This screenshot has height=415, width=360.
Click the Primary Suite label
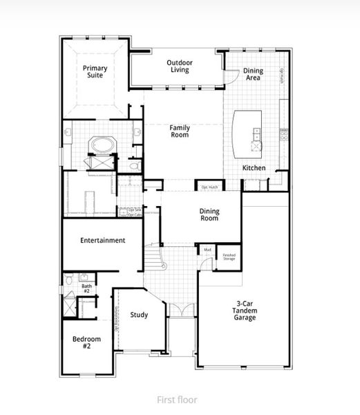(x=94, y=72)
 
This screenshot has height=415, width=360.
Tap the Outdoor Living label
(x=180, y=67)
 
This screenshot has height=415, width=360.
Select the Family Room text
(x=180, y=131)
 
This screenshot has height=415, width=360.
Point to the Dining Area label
(x=254, y=75)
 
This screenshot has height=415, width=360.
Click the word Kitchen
(x=254, y=168)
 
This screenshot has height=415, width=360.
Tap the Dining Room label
(x=209, y=215)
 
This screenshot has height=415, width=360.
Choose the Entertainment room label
(x=102, y=241)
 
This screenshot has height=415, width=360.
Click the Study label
(x=139, y=315)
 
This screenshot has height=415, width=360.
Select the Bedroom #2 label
(x=87, y=343)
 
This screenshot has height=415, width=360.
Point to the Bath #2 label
(x=87, y=288)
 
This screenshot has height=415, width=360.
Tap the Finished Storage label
(x=229, y=257)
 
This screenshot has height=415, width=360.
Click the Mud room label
(x=207, y=250)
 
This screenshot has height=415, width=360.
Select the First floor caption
(x=177, y=400)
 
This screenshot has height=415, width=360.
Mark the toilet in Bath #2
(x=69, y=279)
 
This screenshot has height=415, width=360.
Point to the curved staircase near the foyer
(x=158, y=262)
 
